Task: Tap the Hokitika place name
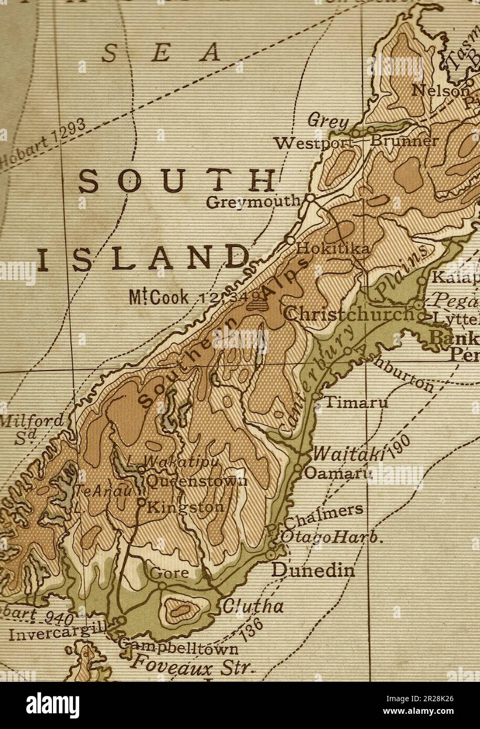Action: tap(333, 248)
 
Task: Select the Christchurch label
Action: tap(349, 315)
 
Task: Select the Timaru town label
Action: tap(357, 403)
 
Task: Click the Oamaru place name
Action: tap(338, 473)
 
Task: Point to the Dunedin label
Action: tap(313, 570)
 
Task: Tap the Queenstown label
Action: tap(197, 481)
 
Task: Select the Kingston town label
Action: tap(186, 507)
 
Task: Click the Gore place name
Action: tap(169, 573)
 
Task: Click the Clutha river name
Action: tap(253, 607)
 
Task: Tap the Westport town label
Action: tap(313, 143)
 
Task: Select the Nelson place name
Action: tap(440, 90)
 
